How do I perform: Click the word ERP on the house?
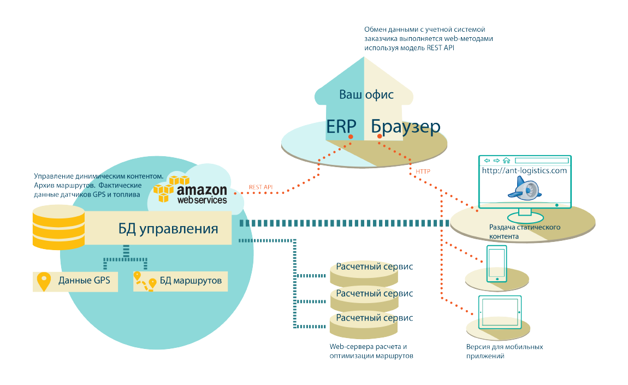342,126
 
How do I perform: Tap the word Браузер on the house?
406,127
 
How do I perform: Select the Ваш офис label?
366,94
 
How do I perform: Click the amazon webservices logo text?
202,194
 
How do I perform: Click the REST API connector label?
260,187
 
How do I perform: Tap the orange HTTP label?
423,171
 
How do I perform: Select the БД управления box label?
168,228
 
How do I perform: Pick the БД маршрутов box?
180,281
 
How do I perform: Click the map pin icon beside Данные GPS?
44,281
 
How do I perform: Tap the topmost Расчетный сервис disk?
374,268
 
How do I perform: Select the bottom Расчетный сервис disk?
374,318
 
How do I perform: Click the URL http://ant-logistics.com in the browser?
524,170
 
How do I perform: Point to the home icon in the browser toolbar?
506,161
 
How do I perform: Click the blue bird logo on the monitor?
523,189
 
